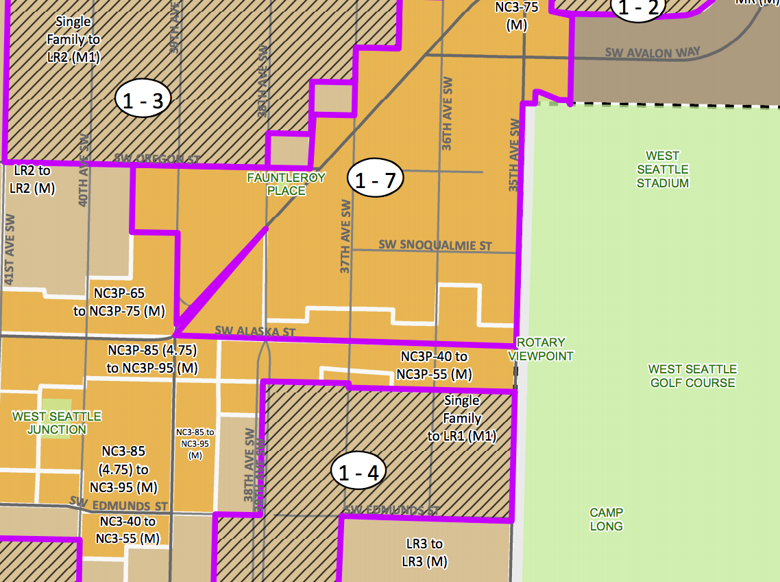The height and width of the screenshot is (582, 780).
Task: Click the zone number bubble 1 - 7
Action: [375, 181]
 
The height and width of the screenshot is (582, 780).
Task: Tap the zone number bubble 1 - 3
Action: [143, 101]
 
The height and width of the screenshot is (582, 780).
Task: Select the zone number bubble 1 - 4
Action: [358, 472]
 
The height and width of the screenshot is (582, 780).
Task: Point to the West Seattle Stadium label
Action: [662, 170]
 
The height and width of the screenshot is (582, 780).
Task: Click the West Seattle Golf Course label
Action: [692, 376]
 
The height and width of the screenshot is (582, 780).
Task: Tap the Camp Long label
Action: [606, 520]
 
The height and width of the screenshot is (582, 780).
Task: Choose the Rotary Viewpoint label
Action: [541, 349]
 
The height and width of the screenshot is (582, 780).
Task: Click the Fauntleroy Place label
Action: [287, 184]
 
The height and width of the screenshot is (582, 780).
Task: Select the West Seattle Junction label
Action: [57, 423]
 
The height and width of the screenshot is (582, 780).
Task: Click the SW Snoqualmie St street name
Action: [435, 245]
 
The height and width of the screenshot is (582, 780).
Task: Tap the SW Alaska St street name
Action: [255, 331]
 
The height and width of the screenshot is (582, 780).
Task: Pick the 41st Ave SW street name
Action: [10, 250]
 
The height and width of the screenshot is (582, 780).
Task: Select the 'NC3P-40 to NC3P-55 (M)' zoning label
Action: [434, 366]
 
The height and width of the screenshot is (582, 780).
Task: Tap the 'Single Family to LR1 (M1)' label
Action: [462, 418]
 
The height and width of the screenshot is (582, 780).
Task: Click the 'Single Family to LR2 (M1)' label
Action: [73, 40]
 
